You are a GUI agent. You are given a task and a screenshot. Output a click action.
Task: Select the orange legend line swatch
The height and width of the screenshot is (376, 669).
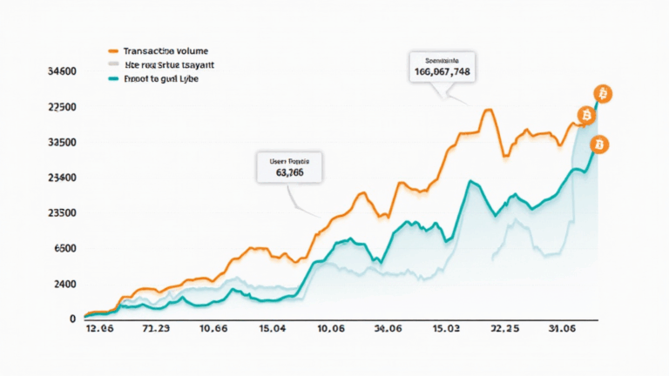tap(111, 51)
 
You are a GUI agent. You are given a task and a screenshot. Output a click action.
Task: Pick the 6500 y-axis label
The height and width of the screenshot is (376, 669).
tap(64, 249)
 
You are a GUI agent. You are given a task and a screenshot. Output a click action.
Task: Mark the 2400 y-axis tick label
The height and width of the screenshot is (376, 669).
tap(64, 285)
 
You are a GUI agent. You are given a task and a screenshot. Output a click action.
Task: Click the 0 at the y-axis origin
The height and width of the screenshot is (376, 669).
tap(72, 319)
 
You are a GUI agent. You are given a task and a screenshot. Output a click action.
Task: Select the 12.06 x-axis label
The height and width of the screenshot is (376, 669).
tap(99, 330)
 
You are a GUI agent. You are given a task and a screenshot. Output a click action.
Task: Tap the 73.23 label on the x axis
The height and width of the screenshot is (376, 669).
tap(156, 330)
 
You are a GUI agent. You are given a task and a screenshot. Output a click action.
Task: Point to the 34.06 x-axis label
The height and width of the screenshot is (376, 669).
tap(387, 330)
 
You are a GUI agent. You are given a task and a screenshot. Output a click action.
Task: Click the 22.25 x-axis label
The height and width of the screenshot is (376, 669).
tap(506, 330)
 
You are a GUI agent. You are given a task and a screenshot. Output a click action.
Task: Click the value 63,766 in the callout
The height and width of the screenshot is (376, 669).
tap(289, 172)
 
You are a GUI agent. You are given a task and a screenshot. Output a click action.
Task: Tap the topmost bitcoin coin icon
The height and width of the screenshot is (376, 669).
tap(601, 93)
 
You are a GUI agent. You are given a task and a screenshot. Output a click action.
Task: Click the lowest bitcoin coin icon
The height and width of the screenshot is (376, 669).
tap(598, 144)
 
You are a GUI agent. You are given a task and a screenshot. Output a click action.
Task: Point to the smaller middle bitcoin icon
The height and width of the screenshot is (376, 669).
tap(584, 115)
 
